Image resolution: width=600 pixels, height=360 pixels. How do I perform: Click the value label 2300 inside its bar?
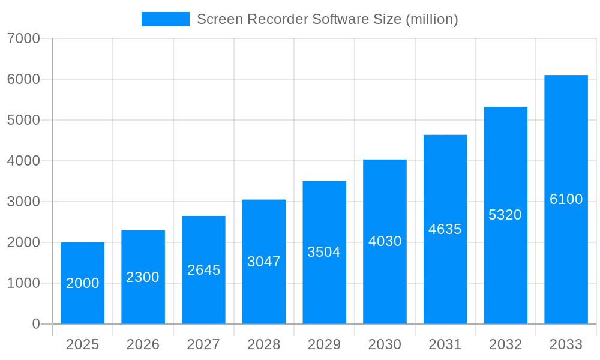click(x=143, y=277)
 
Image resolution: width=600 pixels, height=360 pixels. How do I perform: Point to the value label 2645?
click(x=203, y=270)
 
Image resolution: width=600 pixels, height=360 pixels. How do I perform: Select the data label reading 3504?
click(x=324, y=252)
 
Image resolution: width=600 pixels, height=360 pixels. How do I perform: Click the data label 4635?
click(x=445, y=229)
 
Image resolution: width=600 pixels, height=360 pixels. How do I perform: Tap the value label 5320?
click(x=505, y=215)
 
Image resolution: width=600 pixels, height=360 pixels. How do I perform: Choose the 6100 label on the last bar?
click(x=566, y=199)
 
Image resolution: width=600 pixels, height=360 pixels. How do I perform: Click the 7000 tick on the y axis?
click(x=23, y=38)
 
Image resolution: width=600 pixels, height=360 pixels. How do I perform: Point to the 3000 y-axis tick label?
click(x=23, y=202)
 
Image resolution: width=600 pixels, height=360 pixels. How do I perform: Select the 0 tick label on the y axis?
click(x=35, y=324)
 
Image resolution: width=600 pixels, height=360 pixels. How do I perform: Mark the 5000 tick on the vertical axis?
click(x=23, y=120)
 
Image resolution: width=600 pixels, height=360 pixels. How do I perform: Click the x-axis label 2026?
click(x=143, y=344)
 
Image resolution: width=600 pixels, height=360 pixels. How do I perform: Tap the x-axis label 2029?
click(x=324, y=344)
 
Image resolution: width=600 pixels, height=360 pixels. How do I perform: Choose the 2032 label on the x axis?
click(x=505, y=344)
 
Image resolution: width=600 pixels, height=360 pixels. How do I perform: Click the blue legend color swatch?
click(x=165, y=19)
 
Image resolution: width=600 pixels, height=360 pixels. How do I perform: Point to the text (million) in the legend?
click(x=432, y=19)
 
